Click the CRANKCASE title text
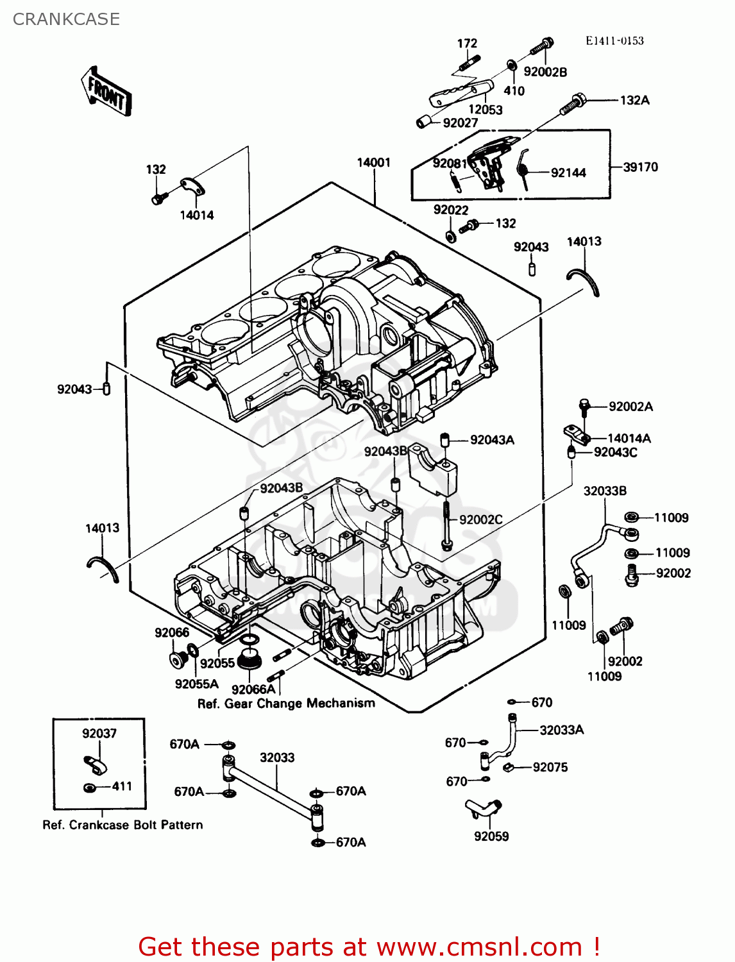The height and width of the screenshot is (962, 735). tap(66, 19)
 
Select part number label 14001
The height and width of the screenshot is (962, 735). tap(373, 162)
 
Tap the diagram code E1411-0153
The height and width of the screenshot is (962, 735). tap(614, 40)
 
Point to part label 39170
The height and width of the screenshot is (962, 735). tap(640, 167)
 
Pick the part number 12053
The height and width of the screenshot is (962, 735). tap(485, 109)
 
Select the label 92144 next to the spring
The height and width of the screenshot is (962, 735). tap(568, 173)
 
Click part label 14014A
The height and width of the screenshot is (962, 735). tap(629, 438)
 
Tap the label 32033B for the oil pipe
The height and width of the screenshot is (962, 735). tap(604, 491)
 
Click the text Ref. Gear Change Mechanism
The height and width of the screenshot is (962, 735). tap(286, 704)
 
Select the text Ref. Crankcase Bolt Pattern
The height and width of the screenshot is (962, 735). tap(122, 825)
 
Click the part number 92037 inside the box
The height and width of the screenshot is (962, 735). tap(99, 733)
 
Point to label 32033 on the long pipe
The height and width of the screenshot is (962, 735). tap(277, 757)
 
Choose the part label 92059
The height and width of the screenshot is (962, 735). tap(491, 836)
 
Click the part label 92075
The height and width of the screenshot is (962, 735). tap(550, 767)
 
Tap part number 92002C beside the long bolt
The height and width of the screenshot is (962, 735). tap(480, 519)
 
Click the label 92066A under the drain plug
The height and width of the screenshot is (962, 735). tap(253, 689)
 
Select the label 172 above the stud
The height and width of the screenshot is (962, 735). tap(467, 44)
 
